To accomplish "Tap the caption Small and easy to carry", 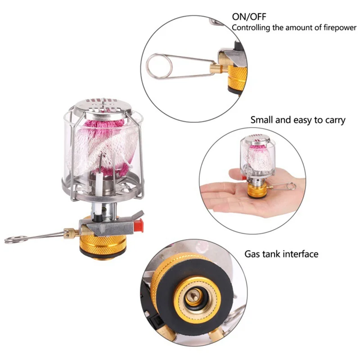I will point(298,120).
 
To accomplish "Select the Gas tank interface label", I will point(281,254).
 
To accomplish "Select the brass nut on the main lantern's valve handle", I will point(69,234).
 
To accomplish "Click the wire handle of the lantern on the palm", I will point(283,186).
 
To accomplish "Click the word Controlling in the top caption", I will point(252,28).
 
